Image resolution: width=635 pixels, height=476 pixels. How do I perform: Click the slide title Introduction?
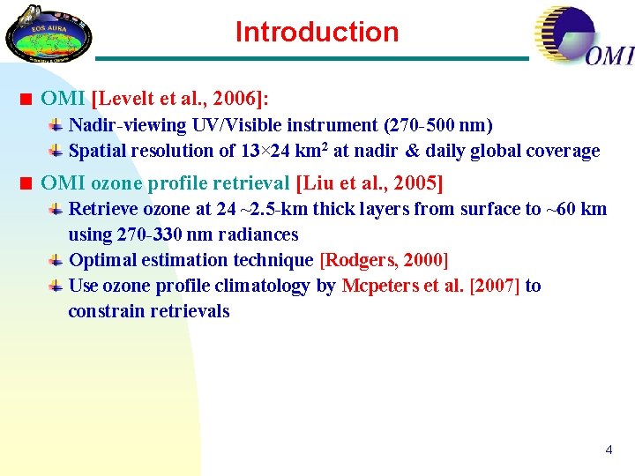(x=317, y=33)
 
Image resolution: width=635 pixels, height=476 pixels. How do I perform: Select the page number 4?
(x=608, y=450)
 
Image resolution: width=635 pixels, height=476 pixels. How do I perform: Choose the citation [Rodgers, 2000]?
(x=384, y=260)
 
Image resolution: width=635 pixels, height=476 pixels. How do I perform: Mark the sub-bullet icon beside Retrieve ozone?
(x=55, y=210)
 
